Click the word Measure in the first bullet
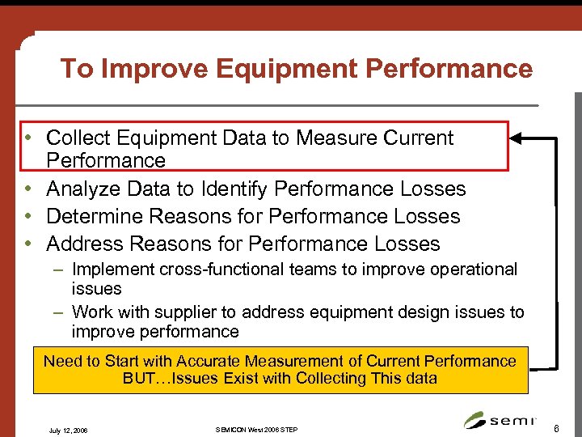[x=337, y=138]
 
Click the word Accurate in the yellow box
[x=206, y=361]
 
